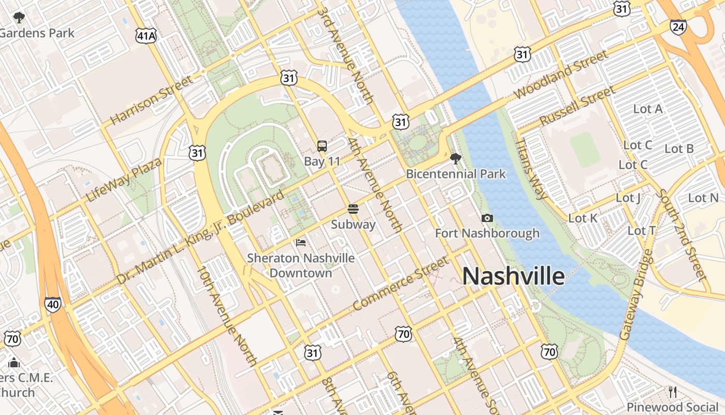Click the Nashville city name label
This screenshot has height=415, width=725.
click(513, 276)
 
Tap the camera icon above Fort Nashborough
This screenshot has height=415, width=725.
click(487, 218)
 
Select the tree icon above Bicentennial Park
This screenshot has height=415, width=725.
click(455, 158)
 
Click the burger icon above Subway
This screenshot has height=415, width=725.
click(353, 209)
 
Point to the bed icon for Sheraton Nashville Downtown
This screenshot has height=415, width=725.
click(301, 242)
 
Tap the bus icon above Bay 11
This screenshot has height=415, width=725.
click(322, 146)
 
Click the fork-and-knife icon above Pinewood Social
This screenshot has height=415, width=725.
click(673, 392)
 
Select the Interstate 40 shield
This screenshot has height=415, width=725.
click(52, 305)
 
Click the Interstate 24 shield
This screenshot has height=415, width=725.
click(678, 27)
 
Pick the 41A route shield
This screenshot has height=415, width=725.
click(146, 36)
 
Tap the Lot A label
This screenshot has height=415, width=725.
click(648, 109)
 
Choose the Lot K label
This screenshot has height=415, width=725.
click(583, 218)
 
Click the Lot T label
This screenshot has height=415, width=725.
click(642, 231)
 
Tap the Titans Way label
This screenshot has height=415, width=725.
click(531, 169)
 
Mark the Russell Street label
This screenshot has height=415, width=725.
click(577, 106)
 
